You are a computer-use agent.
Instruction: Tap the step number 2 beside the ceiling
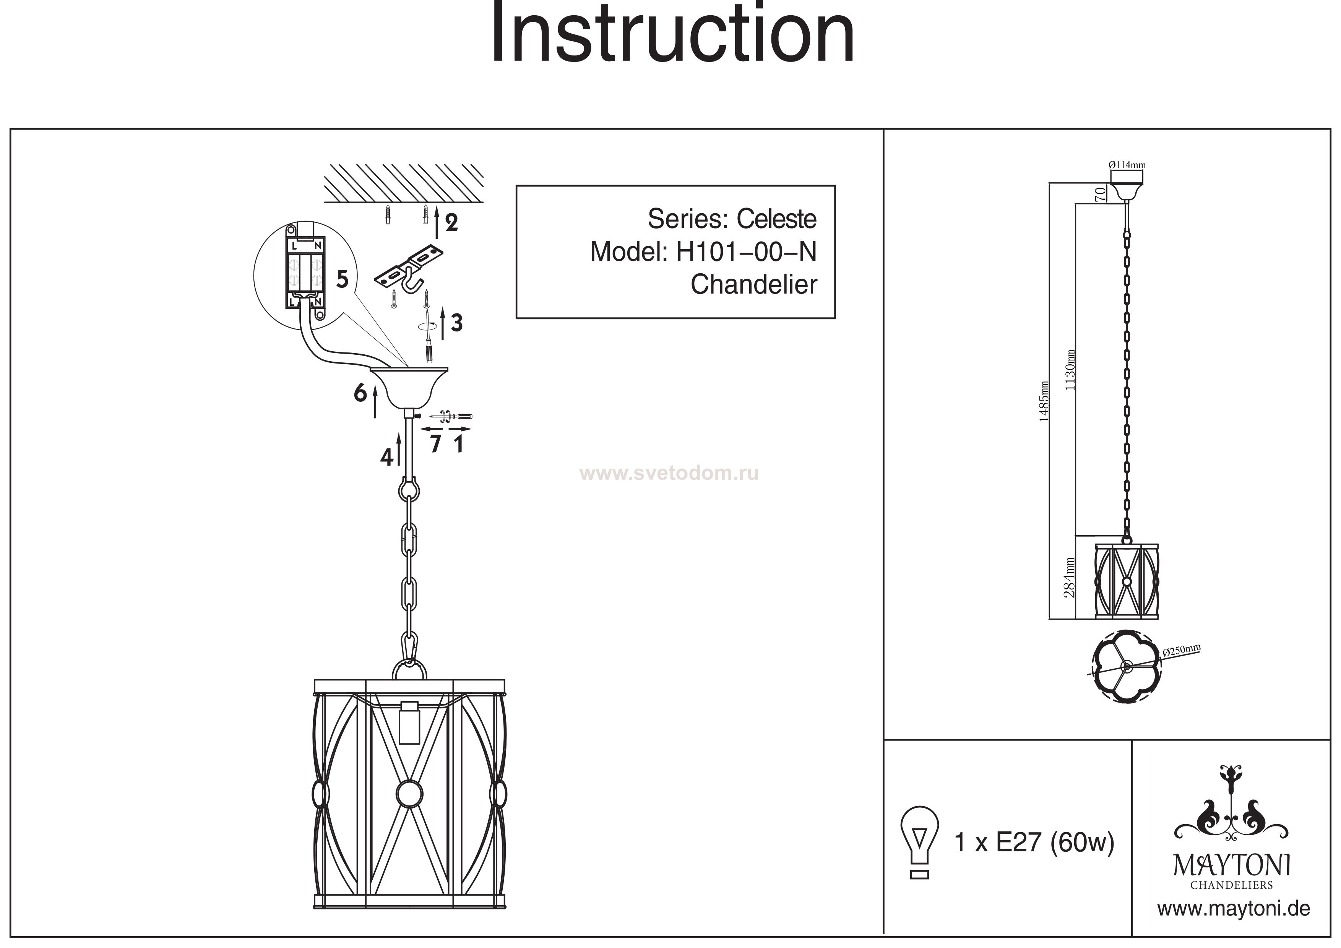pos(451,222)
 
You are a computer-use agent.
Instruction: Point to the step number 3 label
pos(457,322)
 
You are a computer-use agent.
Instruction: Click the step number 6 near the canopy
pos(360,393)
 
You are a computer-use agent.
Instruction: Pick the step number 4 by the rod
pos(386,457)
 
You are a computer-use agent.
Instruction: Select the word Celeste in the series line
pos(776,219)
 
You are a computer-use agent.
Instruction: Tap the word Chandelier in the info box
pos(753,284)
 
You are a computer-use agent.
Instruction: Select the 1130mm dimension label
pos(1071,369)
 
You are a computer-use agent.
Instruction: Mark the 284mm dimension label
pos(1070,578)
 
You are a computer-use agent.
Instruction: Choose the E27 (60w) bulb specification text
pos(1055,842)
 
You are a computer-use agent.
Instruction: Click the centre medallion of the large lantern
pos(409,793)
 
